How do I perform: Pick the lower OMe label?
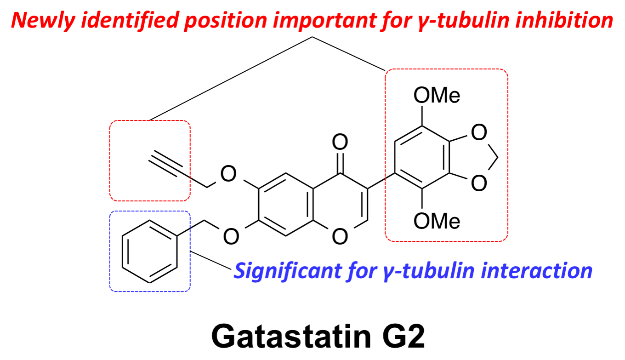click(437, 222)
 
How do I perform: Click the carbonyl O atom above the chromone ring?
click(340, 143)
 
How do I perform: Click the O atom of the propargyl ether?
click(228, 174)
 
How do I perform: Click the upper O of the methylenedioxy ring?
click(479, 134)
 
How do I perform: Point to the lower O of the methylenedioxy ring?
click(479, 183)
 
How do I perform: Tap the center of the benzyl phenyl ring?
click(149, 251)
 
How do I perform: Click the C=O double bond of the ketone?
click(340, 161)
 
